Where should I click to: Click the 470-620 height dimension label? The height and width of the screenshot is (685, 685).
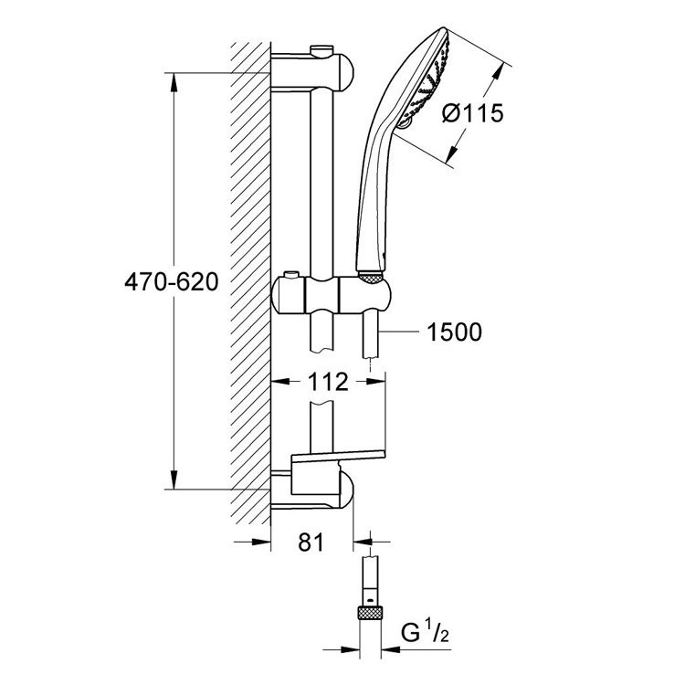172,283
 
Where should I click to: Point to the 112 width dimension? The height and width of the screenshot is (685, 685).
328,383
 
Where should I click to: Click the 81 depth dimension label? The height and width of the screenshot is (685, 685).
312,543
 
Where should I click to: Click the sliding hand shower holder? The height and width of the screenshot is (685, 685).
336,298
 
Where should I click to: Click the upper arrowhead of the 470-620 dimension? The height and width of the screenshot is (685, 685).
174,77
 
